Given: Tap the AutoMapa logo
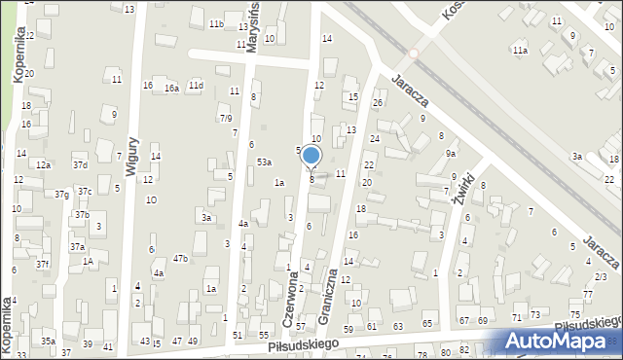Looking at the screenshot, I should (x=562, y=341).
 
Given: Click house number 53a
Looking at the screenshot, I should (x=264, y=162).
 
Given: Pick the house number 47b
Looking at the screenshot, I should (x=180, y=258).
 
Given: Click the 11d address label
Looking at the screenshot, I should (x=197, y=86).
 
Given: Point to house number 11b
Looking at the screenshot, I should (x=216, y=23).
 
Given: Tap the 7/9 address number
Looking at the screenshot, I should (x=226, y=119).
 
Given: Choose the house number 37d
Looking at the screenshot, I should (x=80, y=165).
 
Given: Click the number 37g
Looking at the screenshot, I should (x=61, y=195).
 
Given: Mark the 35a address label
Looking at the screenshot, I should (x=48, y=341).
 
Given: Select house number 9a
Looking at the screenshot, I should (x=451, y=154).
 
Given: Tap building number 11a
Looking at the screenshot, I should (x=521, y=50).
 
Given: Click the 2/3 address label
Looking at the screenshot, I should (x=601, y=277).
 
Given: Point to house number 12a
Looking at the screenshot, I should (x=44, y=165).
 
